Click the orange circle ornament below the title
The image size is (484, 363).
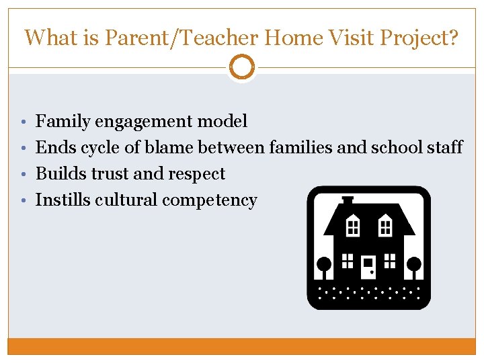[x=242, y=67]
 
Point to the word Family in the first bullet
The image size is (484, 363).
[x=63, y=122]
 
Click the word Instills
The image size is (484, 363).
[x=63, y=200]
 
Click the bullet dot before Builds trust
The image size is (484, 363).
[x=24, y=174]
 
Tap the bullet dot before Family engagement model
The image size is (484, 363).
[x=24, y=122]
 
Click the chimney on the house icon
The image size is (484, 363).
[x=348, y=200]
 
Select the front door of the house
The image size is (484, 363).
[x=368, y=267]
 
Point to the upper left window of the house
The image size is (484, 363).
[x=352, y=226]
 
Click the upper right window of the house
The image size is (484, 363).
[x=385, y=226]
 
